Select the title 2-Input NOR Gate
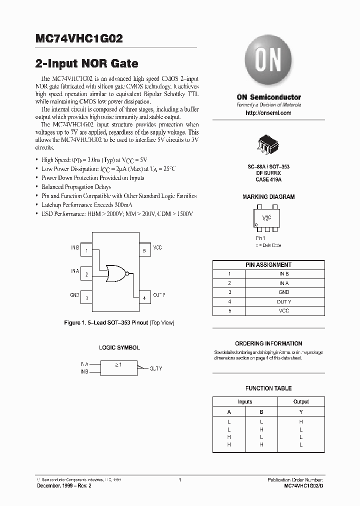(86, 64)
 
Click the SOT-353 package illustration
(268, 143)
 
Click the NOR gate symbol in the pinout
(116, 273)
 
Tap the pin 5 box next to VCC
(144, 250)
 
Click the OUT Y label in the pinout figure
(159, 295)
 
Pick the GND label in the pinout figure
(74, 295)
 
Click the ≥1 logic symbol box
(118, 368)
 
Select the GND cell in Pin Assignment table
(284, 292)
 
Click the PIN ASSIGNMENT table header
(268, 264)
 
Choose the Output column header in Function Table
(301, 401)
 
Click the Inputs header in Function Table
(245, 401)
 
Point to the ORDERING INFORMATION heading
(268, 343)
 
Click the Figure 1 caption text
(119, 323)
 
